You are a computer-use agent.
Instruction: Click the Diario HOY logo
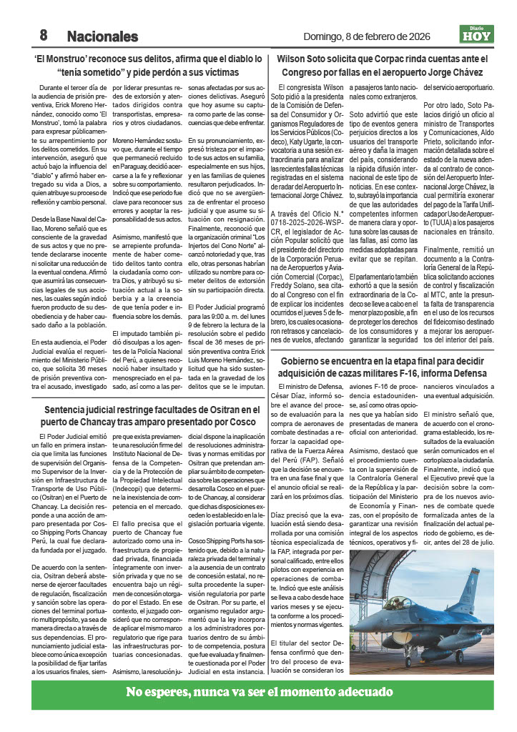476,34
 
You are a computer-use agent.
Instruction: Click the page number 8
43,35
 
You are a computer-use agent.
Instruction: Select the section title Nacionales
102,36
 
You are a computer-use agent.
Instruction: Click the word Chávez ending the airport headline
467,72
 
